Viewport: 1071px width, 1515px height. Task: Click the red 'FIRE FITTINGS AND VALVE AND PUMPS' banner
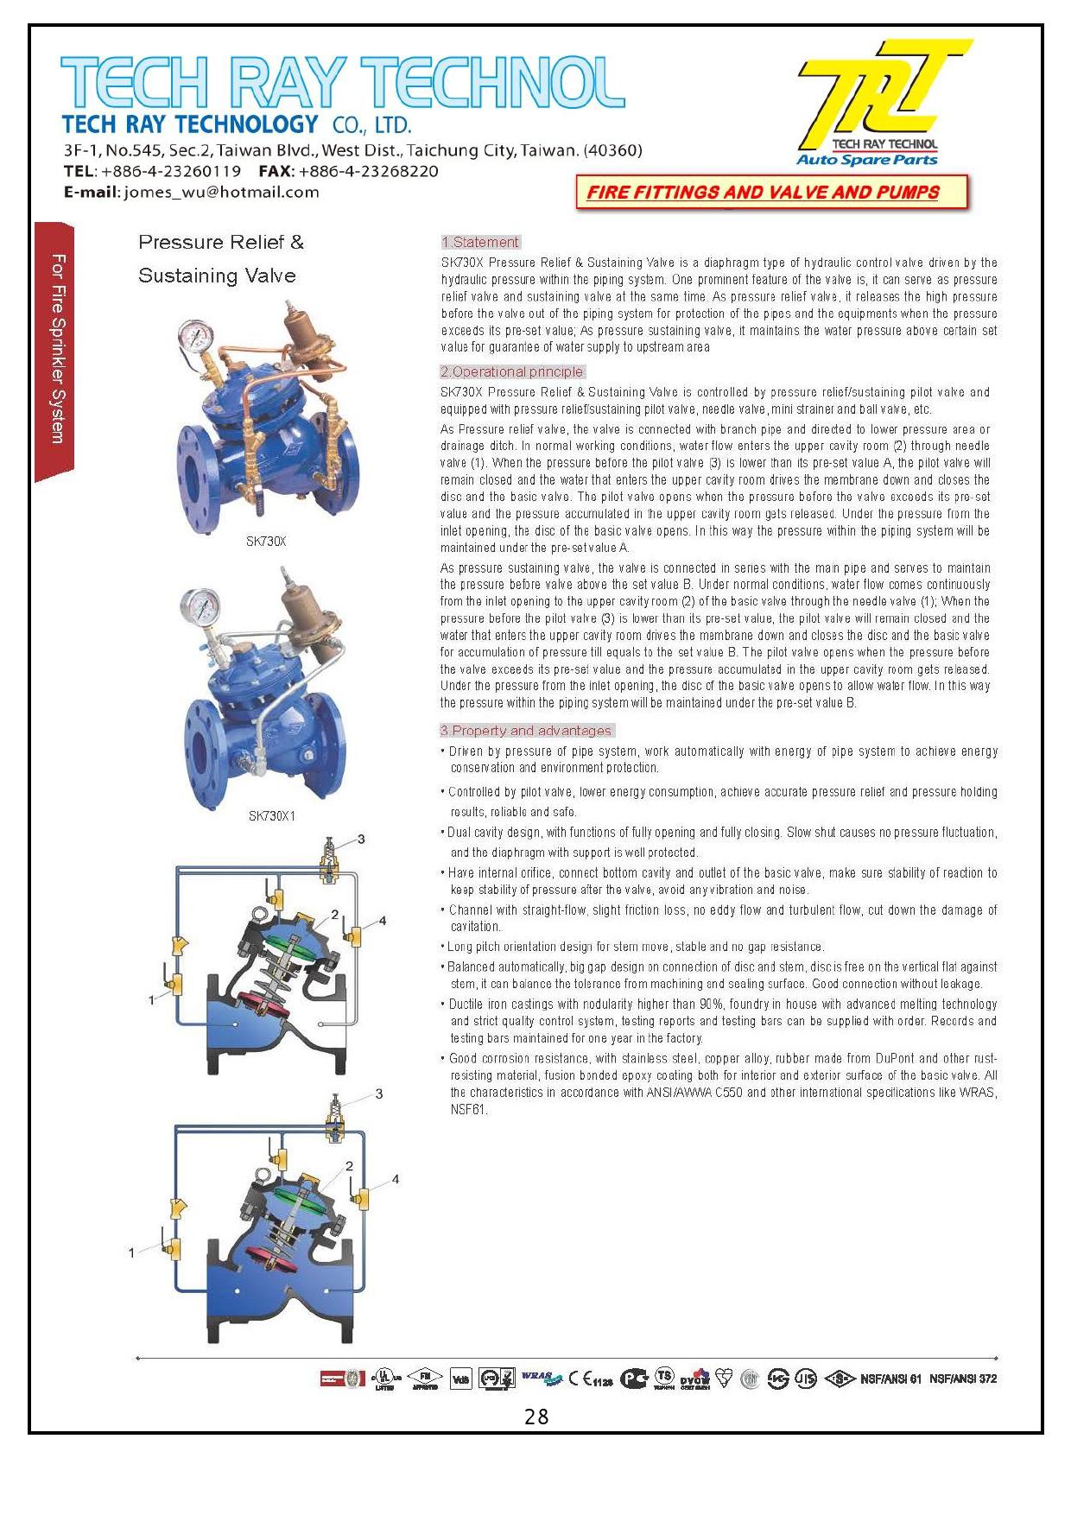[764, 192]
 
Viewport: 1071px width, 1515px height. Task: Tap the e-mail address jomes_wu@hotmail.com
[221, 192]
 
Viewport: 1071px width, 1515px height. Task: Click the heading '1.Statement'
[480, 242]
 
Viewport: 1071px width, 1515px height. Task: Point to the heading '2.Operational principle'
[512, 371]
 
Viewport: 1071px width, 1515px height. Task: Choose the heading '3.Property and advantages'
[527, 730]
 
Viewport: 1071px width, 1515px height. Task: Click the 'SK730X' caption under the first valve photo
[266, 542]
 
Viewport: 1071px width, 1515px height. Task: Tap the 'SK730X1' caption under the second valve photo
[272, 815]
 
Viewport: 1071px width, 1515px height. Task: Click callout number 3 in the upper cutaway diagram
[361, 839]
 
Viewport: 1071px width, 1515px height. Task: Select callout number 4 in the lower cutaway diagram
[396, 1179]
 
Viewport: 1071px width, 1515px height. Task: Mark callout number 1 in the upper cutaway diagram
[151, 999]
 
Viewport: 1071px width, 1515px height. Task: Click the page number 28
[536, 1417]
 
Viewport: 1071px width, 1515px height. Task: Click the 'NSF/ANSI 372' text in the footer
[963, 1379]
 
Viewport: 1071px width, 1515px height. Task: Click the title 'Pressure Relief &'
[221, 242]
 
